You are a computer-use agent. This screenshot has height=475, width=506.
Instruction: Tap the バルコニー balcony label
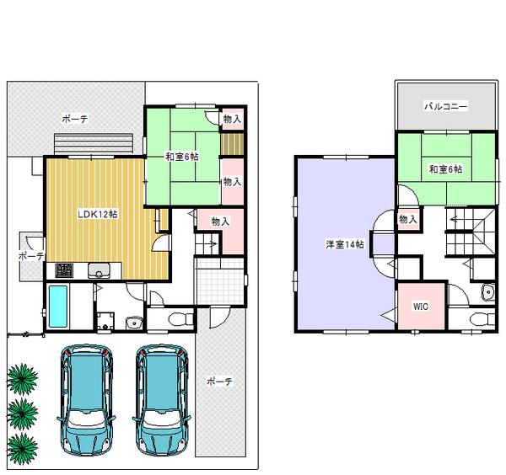[x=444, y=109]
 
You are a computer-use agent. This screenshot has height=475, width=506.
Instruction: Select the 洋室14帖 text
[x=346, y=244]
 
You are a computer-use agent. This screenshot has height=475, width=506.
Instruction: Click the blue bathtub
[x=58, y=307]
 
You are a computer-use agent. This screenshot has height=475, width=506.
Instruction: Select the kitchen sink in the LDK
[x=100, y=270]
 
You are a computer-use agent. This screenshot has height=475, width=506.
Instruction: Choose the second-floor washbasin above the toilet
[x=487, y=292]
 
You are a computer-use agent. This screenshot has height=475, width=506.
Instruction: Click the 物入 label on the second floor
[x=407, y=219]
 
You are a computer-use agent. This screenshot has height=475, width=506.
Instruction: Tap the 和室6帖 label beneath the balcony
[x=444, y=170]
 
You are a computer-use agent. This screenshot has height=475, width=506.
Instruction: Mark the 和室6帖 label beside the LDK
[x=181, y=155]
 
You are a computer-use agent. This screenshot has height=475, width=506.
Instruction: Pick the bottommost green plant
[x=24, y=445]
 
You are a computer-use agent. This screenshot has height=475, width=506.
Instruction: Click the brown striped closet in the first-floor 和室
[x=231, y=144]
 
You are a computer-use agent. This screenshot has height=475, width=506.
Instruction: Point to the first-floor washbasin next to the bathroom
[x=132, y=323]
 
